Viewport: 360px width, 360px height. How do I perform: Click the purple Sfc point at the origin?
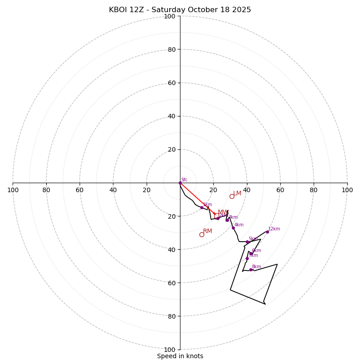click(180, 183)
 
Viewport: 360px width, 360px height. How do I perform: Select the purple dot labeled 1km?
click(202, 207)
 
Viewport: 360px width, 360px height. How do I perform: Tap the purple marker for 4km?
click(233, 228)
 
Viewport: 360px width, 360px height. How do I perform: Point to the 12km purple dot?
click(267, 232)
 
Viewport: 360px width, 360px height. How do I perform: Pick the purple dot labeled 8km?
click(251, 270)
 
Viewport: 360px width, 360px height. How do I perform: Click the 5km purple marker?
click(247, 242)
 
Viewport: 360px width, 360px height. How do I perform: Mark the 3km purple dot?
click(227, 220)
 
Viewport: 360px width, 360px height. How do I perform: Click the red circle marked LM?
click(232, 196)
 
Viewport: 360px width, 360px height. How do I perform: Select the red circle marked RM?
click(202, 234)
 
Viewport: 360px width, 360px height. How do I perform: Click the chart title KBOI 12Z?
click(180, 10)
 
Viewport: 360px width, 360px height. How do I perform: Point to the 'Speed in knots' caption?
click(180, 356)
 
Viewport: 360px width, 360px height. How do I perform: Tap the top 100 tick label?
click(170, 16)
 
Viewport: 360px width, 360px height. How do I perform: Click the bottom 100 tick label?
click(170, 349)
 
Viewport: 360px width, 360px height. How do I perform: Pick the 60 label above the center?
click(171, 83)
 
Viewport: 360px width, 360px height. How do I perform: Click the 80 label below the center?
click(171, 316)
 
